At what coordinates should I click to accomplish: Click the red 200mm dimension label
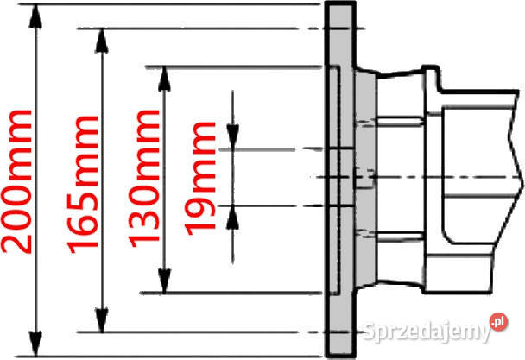point(16,181)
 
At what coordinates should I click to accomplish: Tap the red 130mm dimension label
point(143,179)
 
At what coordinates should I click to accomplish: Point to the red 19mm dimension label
point(199,179)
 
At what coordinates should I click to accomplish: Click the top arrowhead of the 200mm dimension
point(35,16)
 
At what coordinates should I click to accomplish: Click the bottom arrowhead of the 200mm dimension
point(35,344)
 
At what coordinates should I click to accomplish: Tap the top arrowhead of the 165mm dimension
point(102,41)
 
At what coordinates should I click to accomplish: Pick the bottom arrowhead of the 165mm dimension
point(102,320)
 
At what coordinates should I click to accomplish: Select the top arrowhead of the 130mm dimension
point(164,79)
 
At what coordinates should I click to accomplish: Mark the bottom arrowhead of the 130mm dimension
point(164,281)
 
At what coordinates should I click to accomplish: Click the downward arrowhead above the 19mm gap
point(232,136)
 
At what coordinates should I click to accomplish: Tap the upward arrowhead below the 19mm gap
point(232,218)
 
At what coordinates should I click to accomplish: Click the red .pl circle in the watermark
point(498,322)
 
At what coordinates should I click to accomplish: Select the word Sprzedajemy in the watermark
point(427,332)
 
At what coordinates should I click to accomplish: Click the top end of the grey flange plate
point(340,3)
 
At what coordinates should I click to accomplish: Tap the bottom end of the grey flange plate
point(340,356)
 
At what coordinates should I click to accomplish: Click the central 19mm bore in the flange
point(341,177)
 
